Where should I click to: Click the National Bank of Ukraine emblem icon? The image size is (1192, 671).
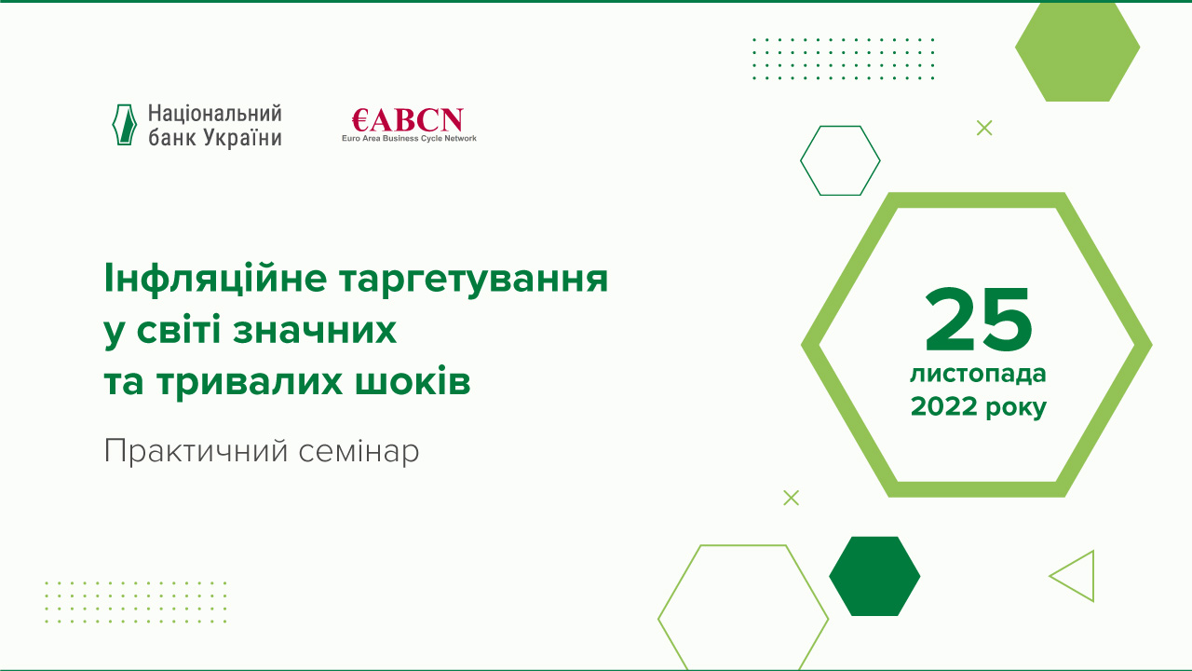(x=125, y=125)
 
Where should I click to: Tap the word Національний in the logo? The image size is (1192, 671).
(x=215, y=114)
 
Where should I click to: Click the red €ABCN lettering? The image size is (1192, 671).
(x=408, y=120)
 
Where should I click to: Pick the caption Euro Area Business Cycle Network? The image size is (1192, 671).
(x=409, y=139)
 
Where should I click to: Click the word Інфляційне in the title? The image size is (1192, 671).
(x=215, y=279)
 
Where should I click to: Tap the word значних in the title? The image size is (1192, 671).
(x=315, y=331)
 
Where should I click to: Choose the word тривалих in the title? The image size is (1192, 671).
(x=250, y=382)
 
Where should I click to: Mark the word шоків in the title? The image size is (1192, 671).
(x=413, y=381)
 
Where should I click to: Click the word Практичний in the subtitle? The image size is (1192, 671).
(x=196, y=452)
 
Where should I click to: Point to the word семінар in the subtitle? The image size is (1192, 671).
(x=359, y=452)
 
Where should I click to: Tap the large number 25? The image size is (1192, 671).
(x=979, y=320)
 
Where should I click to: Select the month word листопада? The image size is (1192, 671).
(x=978, y=375)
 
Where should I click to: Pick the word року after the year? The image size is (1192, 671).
(x=1016, y=409)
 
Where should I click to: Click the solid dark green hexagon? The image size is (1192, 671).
(x=874, y=576)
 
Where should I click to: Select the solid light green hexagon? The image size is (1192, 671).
(x=1077, y=49)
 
